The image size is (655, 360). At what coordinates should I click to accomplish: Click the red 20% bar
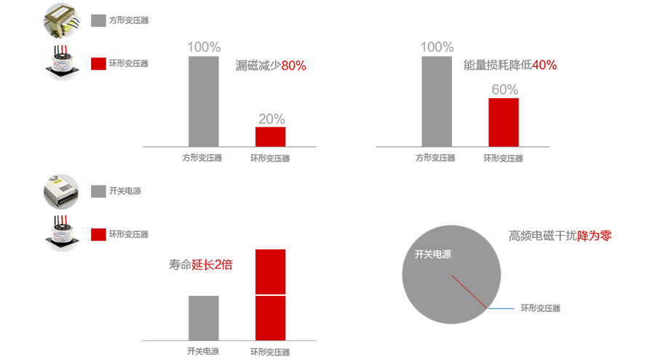pos(270,137)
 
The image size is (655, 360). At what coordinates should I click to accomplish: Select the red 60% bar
pos(503,122)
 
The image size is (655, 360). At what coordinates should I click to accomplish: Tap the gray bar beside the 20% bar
pos(203,101)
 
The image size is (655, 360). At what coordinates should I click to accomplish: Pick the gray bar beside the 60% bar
pos(437,101)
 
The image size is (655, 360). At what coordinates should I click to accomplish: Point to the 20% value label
pos(271,119)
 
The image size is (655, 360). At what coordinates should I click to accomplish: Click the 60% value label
pos(504,89)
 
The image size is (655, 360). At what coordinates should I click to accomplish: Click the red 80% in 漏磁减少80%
pos(293,65)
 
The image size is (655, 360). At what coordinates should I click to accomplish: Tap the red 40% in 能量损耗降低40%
pos(544,65)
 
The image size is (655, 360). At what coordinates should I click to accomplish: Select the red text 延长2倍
pos(212,265)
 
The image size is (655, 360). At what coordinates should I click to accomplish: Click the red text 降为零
pos(595,236)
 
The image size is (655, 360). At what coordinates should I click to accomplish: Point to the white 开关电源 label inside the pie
pos(433,255)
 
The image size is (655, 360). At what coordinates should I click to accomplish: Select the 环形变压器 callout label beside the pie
pos(541,308)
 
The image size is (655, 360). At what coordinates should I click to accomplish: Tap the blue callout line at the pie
pos(501,308)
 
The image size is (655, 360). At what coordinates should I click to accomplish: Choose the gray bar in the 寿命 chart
pos(203,318)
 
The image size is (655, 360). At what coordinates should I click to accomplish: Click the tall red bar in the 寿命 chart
pos(270,295)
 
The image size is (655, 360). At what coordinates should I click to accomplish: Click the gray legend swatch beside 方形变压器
pos(98,20)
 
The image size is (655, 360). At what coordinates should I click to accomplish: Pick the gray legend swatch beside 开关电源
pos(98,191)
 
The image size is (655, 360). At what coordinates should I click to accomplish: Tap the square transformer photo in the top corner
pos(61,20)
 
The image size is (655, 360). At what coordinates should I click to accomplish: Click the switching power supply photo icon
pos(61,191)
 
